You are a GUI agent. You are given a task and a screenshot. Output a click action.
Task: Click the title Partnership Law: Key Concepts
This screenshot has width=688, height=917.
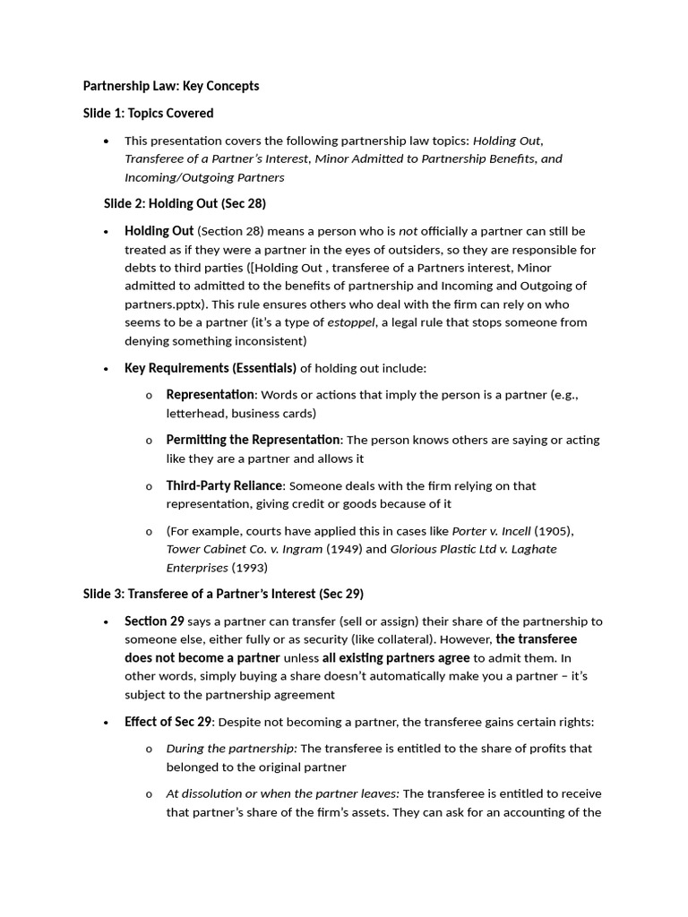point(171,86)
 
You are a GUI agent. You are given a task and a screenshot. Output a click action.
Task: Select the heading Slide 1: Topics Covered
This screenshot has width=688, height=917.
point(148,113)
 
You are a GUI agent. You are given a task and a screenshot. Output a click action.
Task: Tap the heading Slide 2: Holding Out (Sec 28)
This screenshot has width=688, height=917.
point(185,203)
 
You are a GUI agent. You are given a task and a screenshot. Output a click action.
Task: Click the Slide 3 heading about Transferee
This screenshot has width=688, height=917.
point(223,594)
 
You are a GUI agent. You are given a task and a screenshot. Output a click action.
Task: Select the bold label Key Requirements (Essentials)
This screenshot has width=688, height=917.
point(211,368)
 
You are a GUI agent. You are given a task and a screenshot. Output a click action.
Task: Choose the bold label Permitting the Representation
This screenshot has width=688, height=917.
point(253,440)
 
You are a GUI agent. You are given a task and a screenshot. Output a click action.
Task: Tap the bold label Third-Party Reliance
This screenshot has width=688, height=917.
point(224,485)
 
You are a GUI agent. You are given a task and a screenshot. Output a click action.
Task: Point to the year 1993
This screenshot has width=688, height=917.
point(250,567)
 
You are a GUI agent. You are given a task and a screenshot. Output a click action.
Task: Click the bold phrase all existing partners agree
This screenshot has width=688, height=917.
point(396,657)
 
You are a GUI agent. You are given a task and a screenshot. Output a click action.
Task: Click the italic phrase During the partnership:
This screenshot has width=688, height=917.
point(231,748)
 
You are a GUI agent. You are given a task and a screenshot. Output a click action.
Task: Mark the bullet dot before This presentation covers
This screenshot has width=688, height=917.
point(107,141)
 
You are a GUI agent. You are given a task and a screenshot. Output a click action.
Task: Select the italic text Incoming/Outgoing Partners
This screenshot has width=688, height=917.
point(204,176)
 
